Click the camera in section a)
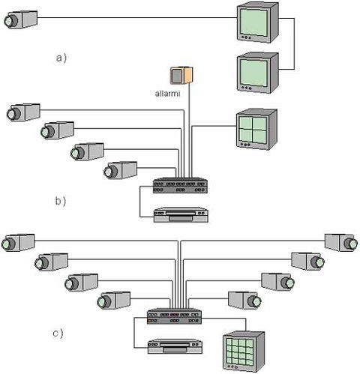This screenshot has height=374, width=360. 19,19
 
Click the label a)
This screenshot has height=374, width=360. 62,56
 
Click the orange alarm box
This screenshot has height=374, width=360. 181,76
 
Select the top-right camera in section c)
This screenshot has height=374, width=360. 342,242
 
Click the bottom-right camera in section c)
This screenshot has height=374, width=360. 247,301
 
